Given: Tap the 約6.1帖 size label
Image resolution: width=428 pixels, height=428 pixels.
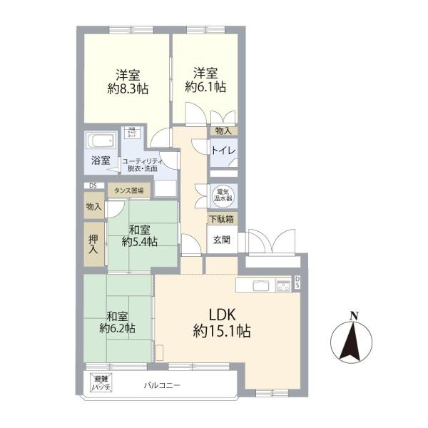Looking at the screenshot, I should [x=205, y=87].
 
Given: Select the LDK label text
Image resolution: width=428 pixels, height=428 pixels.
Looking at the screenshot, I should [x=222, y=315].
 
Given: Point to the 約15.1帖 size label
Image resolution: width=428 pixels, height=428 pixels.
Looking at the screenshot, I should [x=222, y=332].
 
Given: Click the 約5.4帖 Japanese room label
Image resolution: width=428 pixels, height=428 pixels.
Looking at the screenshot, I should [x=140, y=243].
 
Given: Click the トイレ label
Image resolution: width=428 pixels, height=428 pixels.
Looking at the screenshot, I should [x=223, y=151].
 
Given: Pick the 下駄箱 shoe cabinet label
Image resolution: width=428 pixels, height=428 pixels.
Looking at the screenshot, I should [x=223, y=219].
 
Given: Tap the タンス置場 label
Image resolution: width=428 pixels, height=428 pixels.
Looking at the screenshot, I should [x=129, y=190].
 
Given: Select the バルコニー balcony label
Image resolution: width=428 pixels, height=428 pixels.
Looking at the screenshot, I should [x=162, y=385].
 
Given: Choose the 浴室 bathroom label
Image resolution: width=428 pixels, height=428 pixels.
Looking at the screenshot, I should [x=100, y=160].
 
